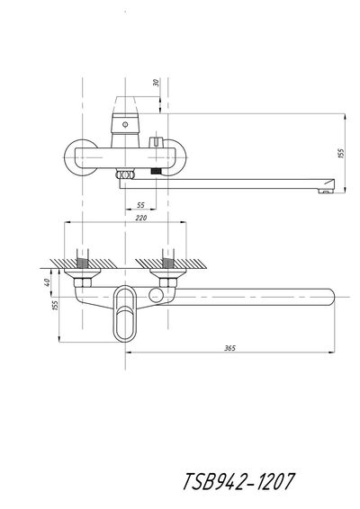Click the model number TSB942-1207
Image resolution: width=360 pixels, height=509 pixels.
(238, 481)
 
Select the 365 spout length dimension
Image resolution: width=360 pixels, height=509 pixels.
(229, 348)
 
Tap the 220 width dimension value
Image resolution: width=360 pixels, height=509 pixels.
(140, 218)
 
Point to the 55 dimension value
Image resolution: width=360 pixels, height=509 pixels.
(140, 205)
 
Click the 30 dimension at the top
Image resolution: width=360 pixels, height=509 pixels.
(157, 83)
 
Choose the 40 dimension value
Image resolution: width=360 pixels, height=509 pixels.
(47, 282)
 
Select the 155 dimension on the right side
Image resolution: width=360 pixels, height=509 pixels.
(340, 153)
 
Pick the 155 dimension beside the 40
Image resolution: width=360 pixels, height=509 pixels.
(55, 306)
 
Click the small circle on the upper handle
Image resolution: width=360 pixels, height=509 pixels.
(125, 124)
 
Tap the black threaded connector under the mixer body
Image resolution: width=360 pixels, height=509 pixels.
(157, 172)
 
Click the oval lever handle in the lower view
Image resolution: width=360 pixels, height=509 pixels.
(125, 313)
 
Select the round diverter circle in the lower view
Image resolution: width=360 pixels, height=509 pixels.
(156, 295)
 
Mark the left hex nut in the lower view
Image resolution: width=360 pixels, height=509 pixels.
(83, 282)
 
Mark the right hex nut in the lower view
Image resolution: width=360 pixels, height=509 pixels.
(168, 282)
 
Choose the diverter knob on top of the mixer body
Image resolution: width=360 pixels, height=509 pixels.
(157, 142)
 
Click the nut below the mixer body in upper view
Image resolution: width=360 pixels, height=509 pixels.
(125, 175)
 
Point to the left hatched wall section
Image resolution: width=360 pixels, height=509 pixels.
(83, 263)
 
